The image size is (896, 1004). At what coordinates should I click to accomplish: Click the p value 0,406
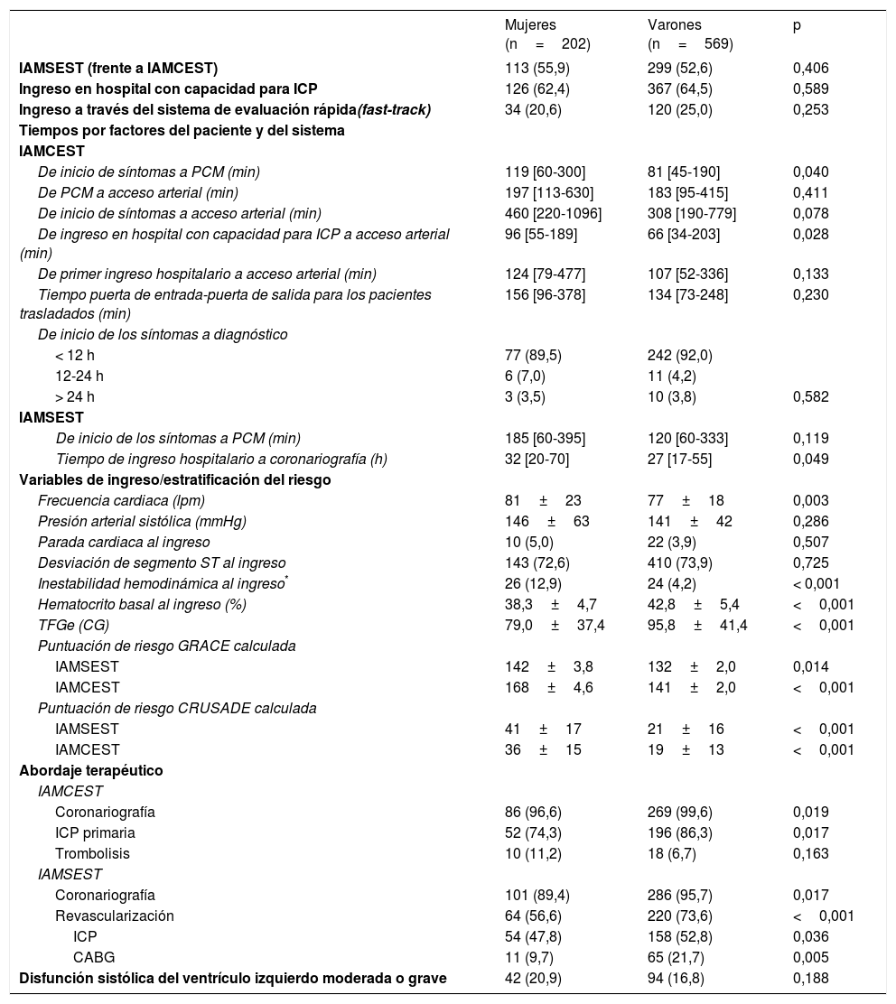810,69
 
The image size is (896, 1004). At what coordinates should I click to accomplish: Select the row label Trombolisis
92,853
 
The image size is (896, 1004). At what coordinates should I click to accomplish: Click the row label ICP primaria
98,832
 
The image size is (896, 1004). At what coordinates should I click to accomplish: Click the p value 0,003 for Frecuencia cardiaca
810,501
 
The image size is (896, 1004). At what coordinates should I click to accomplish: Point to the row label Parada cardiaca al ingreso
124,543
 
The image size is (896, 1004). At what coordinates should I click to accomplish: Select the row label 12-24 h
79,376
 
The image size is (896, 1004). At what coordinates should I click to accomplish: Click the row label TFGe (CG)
75,626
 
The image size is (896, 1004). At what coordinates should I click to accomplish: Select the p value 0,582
810,396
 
